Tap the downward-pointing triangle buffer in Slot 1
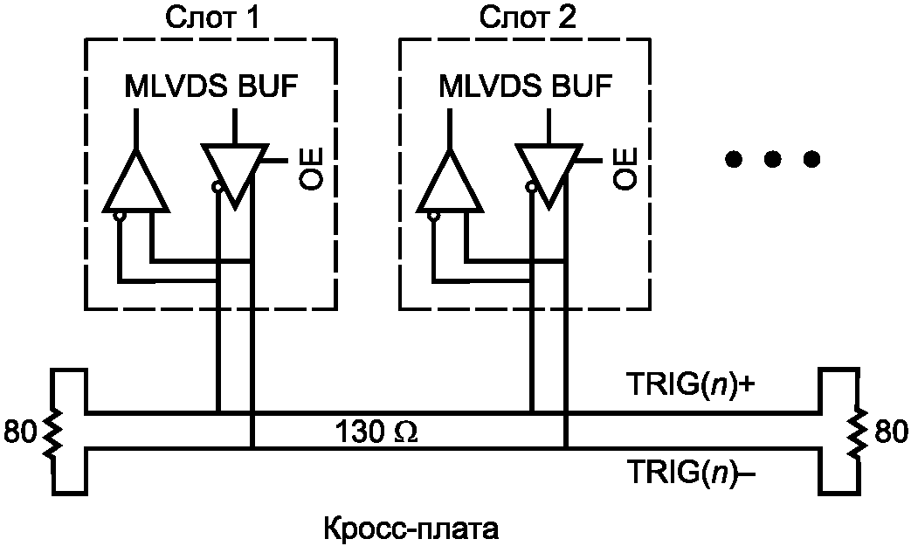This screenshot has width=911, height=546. (x=234, y=173)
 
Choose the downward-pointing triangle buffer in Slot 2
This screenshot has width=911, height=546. (x=548, y=173)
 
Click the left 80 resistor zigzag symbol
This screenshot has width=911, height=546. (x=52, y=432)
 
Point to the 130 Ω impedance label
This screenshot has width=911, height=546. (x=376, y=432)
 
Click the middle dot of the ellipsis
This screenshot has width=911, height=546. (x=772, y=159)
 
